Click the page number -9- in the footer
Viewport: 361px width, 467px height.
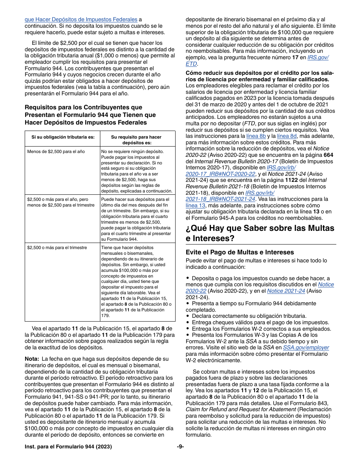point(180,447)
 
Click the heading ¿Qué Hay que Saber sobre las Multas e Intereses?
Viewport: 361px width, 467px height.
point(260,233)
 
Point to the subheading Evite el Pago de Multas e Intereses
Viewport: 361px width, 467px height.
point(240,252)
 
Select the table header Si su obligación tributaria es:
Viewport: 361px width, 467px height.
point(60,137)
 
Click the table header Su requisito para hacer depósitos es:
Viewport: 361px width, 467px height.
point(136,140)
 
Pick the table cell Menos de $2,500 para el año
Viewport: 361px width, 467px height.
point(56,151)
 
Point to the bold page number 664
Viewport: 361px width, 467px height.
point(328,155)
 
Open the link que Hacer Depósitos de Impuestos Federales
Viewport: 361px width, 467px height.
point(81,19)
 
